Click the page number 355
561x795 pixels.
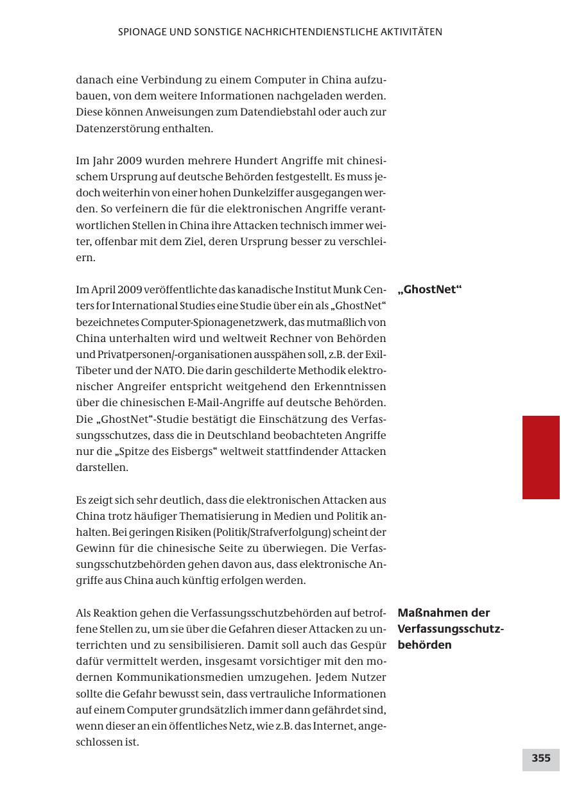[x=540, y=758]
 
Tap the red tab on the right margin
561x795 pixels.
[x=540, y=457]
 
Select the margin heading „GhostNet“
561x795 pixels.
[x=429, y=289]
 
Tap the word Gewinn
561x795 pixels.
[x=96, y=548]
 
